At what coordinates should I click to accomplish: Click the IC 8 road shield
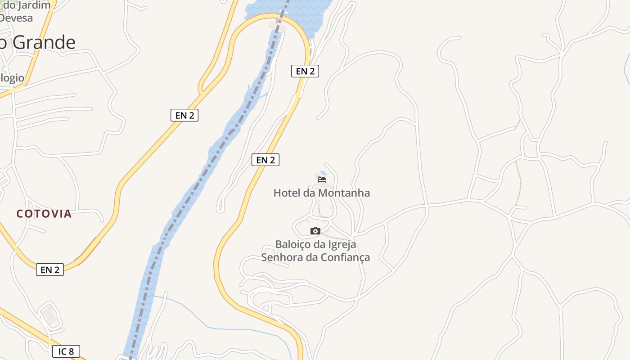66,351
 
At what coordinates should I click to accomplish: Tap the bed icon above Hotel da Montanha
321,179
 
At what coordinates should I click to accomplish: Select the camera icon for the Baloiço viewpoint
315,231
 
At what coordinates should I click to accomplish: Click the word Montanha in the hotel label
344,193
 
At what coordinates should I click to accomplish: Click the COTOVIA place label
44,214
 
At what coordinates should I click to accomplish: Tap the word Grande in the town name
44,42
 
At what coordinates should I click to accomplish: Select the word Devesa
17,18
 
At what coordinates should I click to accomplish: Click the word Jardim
34,5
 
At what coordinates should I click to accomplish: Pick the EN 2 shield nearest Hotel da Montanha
265,160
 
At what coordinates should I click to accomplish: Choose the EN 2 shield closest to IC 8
50,270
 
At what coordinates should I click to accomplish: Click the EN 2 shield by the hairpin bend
305,71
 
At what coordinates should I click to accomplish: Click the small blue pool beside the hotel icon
323,173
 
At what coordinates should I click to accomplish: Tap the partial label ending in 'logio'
12,78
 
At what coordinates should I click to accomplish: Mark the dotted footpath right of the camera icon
337,236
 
